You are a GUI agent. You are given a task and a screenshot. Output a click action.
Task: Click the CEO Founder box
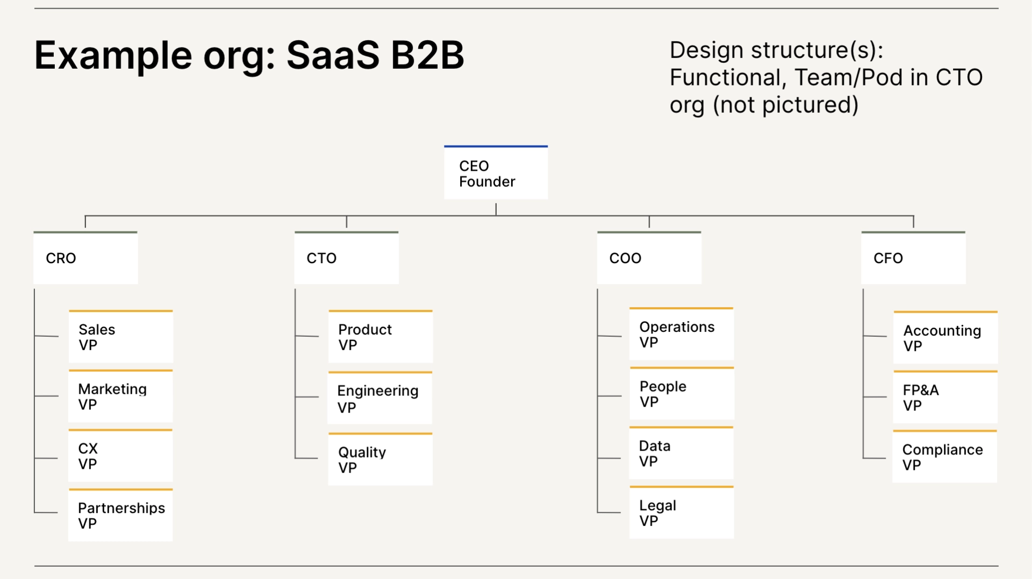tap(496, 173)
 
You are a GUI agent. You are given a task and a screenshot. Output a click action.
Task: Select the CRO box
tap(85, 258)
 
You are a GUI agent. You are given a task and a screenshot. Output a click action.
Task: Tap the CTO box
tap(347, 258)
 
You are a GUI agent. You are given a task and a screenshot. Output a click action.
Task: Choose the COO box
tap(649, 258)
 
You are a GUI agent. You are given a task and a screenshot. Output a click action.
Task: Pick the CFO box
tap(913, 258)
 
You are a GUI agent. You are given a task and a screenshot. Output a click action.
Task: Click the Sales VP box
tap(121, 337)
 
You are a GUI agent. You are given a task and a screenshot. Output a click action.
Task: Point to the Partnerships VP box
tap(121, 516)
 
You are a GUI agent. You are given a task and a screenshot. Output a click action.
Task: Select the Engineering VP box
tap(380, 399)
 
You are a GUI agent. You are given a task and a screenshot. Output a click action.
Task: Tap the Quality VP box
tap(380, 460)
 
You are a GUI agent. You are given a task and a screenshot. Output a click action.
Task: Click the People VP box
tap(682, 394)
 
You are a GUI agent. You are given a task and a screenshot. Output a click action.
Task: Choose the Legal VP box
tap(682, 513)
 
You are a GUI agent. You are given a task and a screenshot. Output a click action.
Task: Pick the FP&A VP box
tap(945, 397)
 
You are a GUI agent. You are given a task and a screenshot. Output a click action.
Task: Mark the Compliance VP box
tap(945, 457)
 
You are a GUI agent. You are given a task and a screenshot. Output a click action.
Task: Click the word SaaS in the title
tap(333, 55)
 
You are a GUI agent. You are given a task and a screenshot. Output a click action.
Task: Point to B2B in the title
tap(427, 55)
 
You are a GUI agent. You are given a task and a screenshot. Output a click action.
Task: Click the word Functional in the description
tap(726, 78)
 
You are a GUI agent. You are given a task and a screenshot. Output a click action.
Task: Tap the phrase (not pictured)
tap(785, 105)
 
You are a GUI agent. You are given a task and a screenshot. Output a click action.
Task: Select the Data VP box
tap(682, 454)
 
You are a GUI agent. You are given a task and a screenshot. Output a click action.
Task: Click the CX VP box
tap(121, 457)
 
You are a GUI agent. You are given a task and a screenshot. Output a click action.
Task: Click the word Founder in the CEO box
tap(487, 182)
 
